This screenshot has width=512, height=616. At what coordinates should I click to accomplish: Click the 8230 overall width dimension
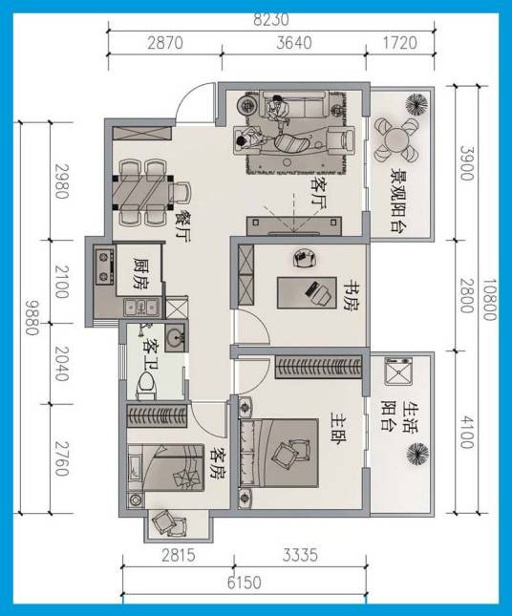[271, 20]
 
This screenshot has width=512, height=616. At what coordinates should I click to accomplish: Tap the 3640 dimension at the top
[294, 43]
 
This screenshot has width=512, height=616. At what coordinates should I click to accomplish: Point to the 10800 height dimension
[489, 300]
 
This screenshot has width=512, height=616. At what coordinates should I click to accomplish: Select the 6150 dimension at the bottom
[244, 583]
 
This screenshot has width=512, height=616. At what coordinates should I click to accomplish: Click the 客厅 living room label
[319, 193]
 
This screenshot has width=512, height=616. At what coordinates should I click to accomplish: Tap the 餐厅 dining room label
[182, 226]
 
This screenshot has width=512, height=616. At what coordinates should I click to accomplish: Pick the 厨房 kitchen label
[139, 274]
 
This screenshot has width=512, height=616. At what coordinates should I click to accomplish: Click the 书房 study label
[352, 295]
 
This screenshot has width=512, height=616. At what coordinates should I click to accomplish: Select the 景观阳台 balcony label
[398, 201]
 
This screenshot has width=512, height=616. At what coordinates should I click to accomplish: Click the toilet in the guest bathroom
[146, 386]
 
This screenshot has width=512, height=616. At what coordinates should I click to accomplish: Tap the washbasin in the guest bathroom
[175, 337]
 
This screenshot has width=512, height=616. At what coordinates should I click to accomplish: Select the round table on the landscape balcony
[396, 139]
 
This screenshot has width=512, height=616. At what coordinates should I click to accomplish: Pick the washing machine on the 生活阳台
[398, 371]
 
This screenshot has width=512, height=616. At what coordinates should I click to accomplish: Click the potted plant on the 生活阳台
[416, 454]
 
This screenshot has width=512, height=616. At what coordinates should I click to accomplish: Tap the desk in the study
[307, 292]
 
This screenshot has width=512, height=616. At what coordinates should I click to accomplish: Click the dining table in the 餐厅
[141, 193]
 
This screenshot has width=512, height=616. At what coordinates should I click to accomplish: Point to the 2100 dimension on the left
[61, 282]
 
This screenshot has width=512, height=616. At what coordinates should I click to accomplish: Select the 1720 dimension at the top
[399, 43]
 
